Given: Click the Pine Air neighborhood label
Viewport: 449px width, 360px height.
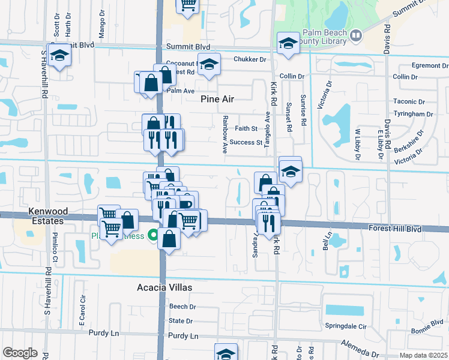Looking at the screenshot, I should [217, 99].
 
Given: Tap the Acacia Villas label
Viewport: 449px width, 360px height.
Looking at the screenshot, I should [168, 287].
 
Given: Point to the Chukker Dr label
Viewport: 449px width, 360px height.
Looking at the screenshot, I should [249, 59].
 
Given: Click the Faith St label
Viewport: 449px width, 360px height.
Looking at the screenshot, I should [246, 128].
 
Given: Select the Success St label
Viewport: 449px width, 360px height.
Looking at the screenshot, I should [246, 143].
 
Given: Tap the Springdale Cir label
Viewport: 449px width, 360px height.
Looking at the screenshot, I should [363, 326].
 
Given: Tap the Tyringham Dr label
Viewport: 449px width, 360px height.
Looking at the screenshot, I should [413, 114].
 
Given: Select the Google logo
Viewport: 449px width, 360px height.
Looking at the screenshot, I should [20, 353].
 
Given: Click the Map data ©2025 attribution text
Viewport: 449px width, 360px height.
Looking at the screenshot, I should [423, 355].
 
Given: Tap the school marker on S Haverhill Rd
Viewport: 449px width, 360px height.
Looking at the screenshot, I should [59, 56].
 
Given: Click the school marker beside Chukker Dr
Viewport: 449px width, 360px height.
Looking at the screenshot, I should [208, 64].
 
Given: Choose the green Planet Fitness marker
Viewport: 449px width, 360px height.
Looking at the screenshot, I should [153, 235].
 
